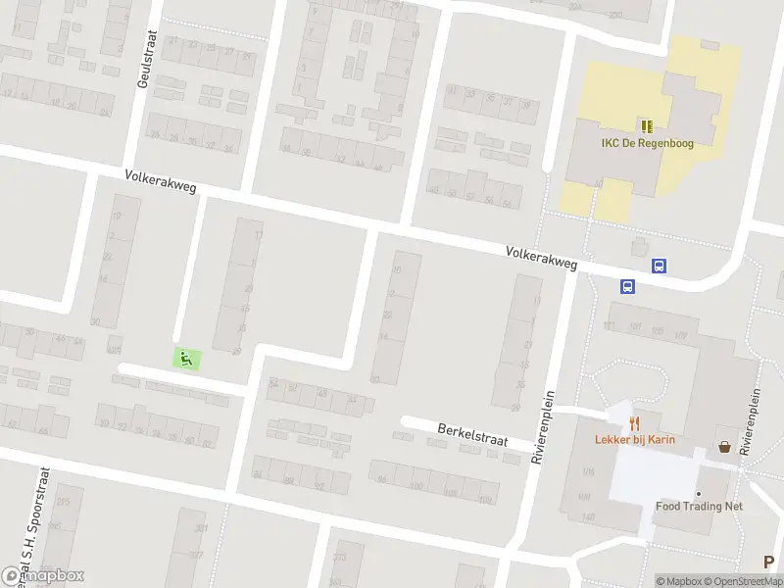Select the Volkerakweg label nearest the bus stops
(x=542, y=258)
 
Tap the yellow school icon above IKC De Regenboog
(x=647, y=125)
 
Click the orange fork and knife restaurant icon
(x=635, y=423)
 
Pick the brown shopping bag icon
(x=724, y=446)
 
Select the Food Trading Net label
(x=699, y=507)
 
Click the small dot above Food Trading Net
(x=699, y=493)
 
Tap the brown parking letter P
(x=769, y=562)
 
